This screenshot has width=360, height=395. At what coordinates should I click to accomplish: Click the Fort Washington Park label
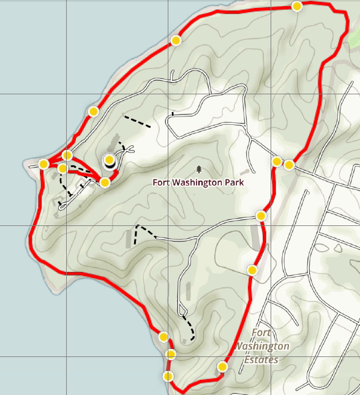point(199,182)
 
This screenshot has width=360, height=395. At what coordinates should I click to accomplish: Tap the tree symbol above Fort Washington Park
point(199,168)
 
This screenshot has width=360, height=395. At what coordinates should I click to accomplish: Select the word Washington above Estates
point(263,346)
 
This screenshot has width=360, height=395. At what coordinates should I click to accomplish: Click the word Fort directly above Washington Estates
point(261,333)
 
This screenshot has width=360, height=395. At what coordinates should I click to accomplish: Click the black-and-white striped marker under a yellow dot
point(109,164)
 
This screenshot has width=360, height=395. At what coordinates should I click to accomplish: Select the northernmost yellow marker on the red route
point(297,7)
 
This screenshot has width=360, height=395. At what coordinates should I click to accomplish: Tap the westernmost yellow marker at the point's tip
point(43,164)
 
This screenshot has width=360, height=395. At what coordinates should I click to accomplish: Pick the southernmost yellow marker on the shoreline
point(168,376)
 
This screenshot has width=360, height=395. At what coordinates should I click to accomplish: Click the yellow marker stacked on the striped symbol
point(109,159)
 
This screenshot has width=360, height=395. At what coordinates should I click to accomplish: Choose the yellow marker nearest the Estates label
point(222,367)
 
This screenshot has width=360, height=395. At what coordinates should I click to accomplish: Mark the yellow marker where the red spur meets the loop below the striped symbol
point(105,182)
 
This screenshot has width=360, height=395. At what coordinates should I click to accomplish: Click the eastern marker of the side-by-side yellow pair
point(289,164)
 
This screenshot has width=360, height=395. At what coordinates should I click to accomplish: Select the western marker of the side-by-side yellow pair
point(277,162)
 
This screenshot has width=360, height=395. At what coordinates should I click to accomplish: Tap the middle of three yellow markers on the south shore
point(171,354)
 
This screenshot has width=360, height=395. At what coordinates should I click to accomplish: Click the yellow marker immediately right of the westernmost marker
point(62,168)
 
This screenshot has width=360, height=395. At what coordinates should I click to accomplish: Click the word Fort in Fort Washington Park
point(163,182)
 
